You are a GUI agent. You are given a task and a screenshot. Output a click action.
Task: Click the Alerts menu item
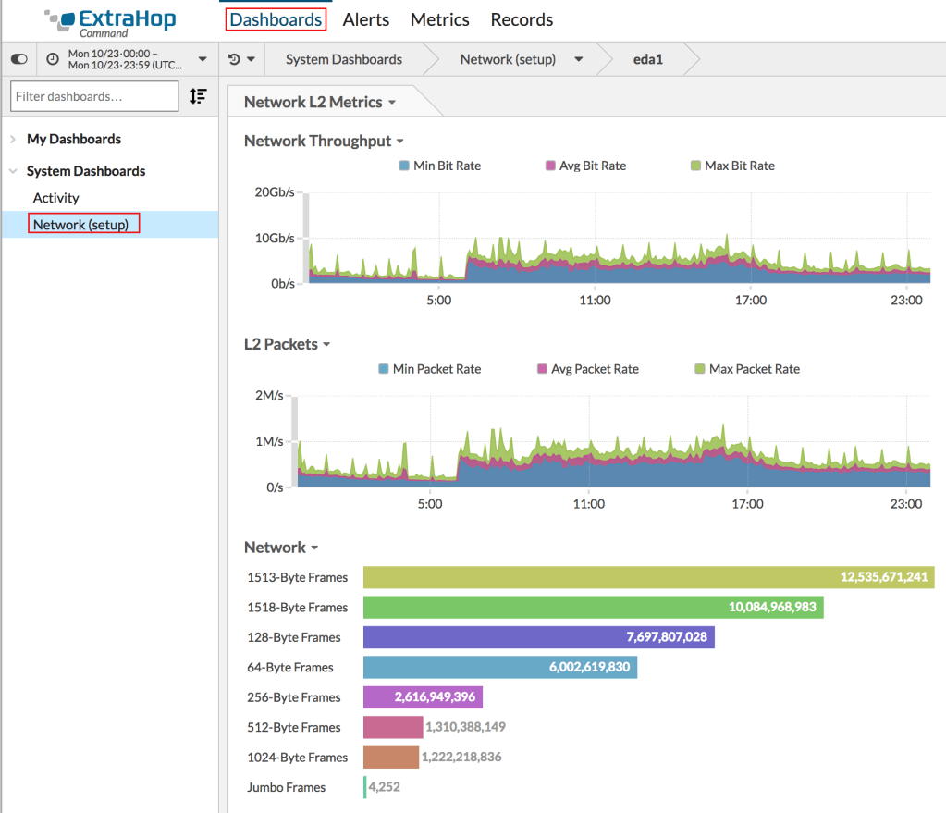pyautogui.click(x=365, y=19)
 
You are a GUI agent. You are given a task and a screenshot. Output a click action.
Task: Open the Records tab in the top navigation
pyautogui.click(x=522, y=19)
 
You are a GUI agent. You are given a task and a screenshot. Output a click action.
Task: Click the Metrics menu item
pyautogui.click(x=439, y=19)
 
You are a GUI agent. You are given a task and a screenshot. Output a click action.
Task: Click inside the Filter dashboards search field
pyautogui.click(x=93, y=96)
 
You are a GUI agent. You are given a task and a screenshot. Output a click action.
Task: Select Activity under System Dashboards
pyautogui.click(x=56, y=198)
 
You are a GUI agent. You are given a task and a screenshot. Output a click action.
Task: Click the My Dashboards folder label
pyautogui.click(x=74, y=139)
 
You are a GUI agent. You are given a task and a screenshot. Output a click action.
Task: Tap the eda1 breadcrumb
pyautogui.click(x=647, y=59)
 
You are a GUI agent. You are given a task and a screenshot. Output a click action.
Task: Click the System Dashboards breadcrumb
pyautogui.click(x=343, y=59)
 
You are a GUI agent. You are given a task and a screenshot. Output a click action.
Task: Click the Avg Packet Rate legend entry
pyautogui.click(x=595, y=369)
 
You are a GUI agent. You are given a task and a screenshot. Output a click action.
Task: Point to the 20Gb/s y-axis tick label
pyautogui.click(x=274, y=192)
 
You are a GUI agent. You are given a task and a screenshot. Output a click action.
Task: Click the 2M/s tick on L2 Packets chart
pyautogui.click(x=269, y=396)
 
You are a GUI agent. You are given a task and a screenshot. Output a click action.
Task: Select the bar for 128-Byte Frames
pyautogui.click(x=538, y=637)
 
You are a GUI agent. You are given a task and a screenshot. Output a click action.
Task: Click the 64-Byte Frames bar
pyautogui.click(x=499, y=667)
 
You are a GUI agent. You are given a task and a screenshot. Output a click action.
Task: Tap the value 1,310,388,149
pyautogui.click(x=465, y=727)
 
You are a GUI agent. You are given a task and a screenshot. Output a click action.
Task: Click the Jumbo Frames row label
pyautogui.click(x=286, y=787)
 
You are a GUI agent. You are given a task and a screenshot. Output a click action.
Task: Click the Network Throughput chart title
pyautogui.click(x=317, y=141)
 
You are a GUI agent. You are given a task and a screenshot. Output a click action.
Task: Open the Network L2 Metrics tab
pyautogui.click(x=319, y=102)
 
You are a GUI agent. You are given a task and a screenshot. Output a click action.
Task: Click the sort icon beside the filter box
pyautogui.click(x=198, y=96)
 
